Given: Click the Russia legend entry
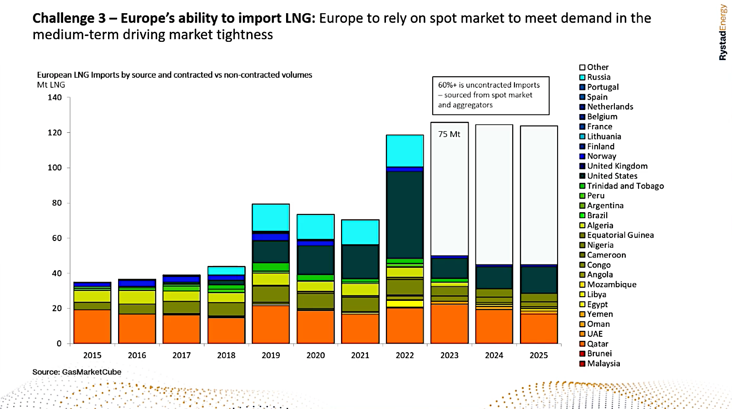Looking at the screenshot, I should [x=598, y=77].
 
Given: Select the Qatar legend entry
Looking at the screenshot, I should [x=597, y=344].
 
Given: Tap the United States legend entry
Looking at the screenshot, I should [x=612, y=176].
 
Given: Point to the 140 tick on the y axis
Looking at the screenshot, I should [x=54, y=97].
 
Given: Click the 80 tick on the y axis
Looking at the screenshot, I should [x=57, y=203].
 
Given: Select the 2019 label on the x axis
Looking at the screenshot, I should [x=271, y=355].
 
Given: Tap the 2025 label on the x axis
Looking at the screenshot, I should [x=539, y=355].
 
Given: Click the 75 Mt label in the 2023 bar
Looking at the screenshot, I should [x=449, y=134].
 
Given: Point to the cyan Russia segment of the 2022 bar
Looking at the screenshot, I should [x=405, y=151].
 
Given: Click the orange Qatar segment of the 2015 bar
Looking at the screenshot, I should [x=92, y=326].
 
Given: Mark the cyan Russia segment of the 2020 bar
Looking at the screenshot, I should [x=316, y=227].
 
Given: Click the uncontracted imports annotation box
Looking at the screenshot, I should [x=490, y=95].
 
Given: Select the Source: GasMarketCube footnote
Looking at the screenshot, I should [x=77, y=372].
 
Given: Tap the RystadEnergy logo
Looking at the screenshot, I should [x=722, y=32].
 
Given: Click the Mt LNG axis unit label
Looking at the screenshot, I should [x=51, y=85].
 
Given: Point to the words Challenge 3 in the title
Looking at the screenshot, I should [x=69, y=18].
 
